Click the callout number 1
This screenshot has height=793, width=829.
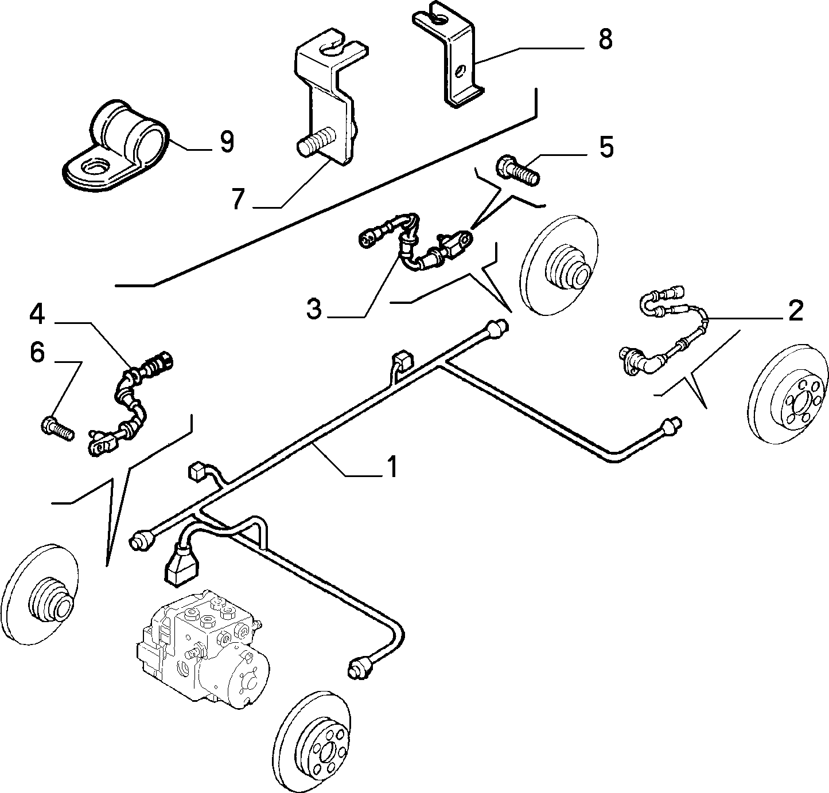point(391,466)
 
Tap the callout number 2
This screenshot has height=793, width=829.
point(796,310)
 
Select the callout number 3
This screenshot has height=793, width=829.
point(314,310)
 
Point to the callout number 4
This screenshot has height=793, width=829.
point(37,315)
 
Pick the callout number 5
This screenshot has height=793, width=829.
point(606,147)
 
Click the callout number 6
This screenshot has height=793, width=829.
point(37,353)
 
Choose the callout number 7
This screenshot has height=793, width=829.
point(239,199)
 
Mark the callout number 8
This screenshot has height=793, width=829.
point(605,39)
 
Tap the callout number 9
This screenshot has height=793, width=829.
point(227,142)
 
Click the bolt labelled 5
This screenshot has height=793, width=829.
point(517,171)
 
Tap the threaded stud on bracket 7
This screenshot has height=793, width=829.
point(316,142)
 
